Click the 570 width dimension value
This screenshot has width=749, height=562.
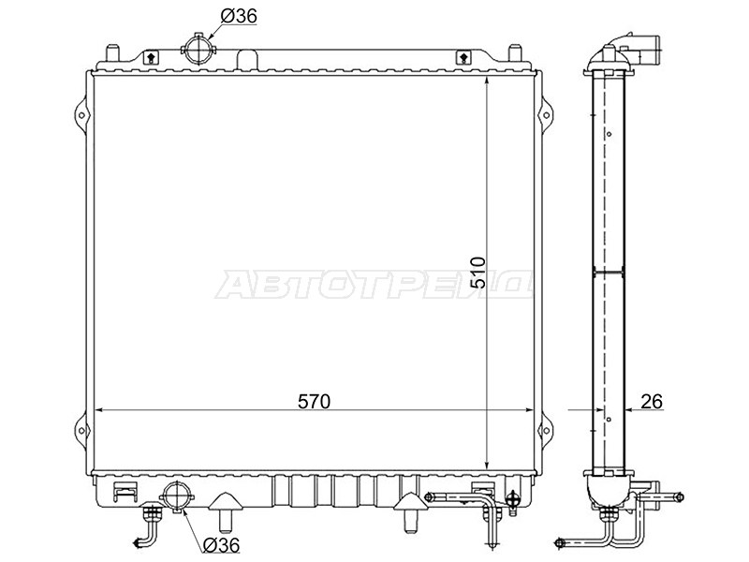tap(314, 402)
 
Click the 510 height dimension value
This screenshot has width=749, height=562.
tap(477, 273)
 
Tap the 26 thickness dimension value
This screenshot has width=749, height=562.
tap(652, 402)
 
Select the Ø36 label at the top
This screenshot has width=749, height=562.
tap(239, 16)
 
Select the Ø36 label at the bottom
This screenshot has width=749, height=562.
tap(221, 545)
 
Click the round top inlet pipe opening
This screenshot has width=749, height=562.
tap(198, 50)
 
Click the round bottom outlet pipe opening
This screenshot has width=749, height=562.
tap(177, 497)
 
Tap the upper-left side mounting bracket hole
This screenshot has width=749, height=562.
tap(81, 115)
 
